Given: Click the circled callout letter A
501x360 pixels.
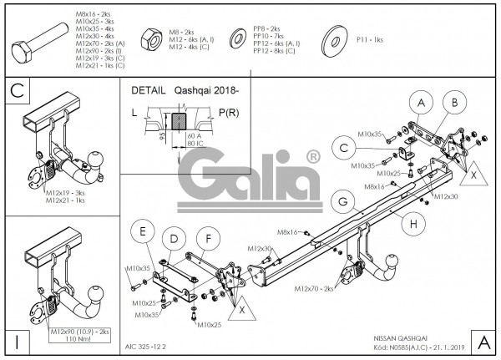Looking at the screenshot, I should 421,104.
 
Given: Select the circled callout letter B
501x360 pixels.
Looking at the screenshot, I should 453,104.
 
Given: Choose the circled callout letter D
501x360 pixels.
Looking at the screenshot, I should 173,240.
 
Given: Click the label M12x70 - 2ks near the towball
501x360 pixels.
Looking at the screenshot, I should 313,288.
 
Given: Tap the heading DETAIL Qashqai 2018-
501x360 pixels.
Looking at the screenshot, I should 184,90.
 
